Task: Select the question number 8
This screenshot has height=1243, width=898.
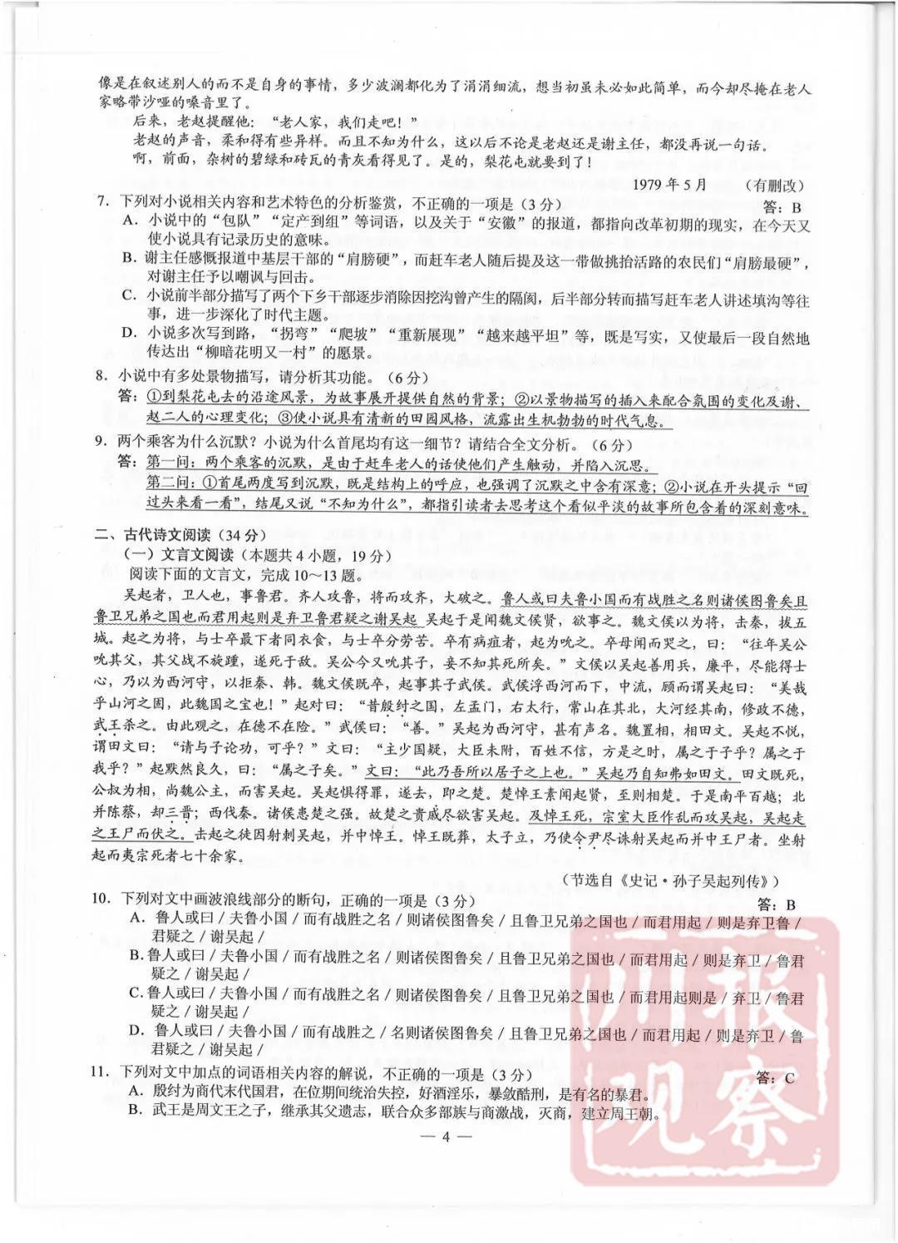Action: (x=101, y=375)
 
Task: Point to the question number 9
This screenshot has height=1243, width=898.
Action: (x=101, y=444)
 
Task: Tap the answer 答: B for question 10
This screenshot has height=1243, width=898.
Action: (x=778, y=904)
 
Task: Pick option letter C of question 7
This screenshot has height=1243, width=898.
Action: (x=129, y=295)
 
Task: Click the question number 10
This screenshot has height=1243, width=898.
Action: (x=102, y=900)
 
